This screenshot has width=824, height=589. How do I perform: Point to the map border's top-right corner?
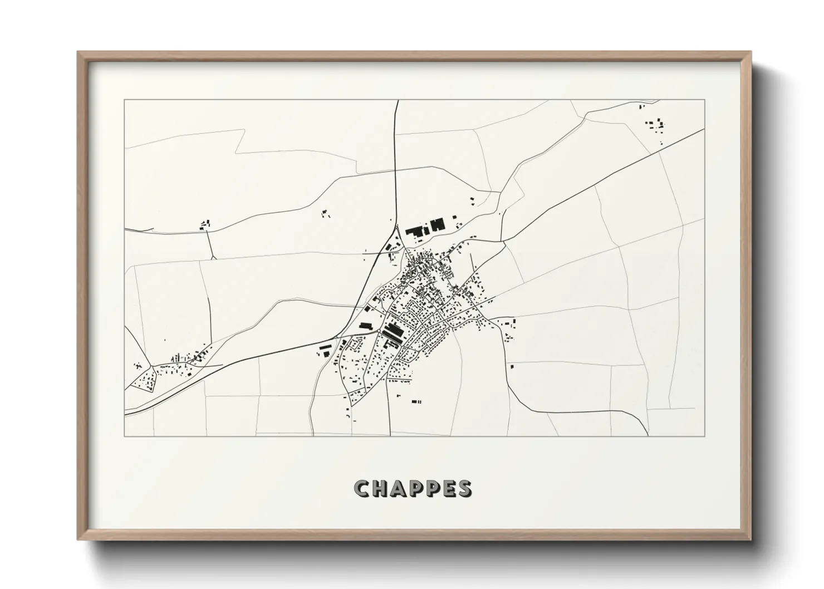coord(704,100)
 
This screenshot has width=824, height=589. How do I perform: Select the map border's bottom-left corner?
coord(125,436)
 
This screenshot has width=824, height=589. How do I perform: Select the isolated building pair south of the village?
coord(415,401)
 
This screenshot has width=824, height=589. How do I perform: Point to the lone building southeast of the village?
coord(511,366)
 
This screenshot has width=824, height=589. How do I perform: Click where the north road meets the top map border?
coord(398,101)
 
